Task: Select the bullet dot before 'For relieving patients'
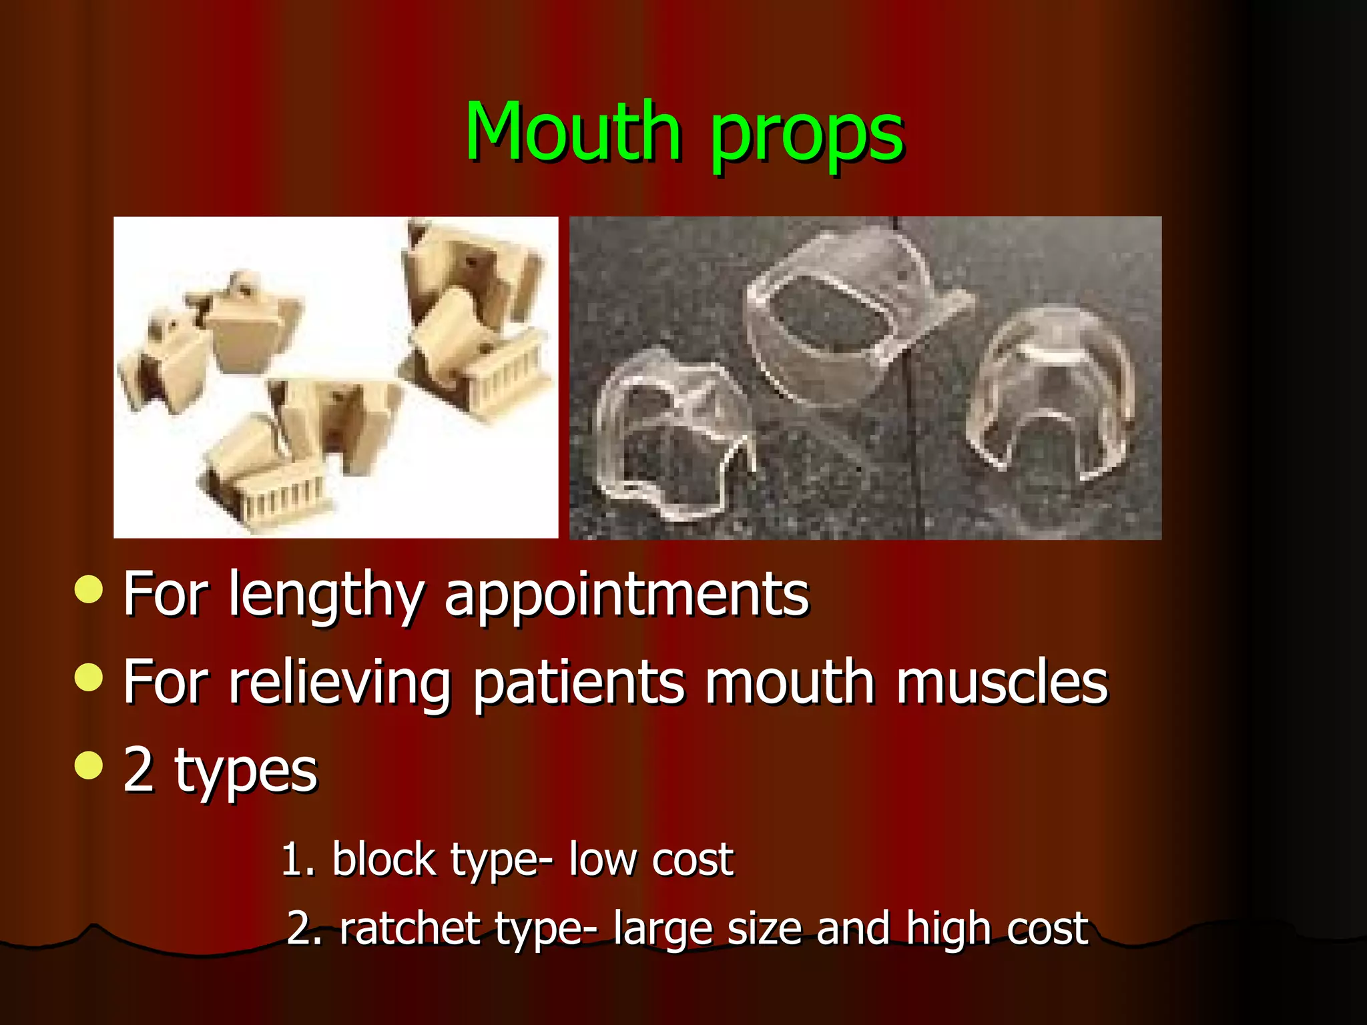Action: [89, 678]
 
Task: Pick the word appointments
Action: [626, 595]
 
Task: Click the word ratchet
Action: [409, 928]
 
